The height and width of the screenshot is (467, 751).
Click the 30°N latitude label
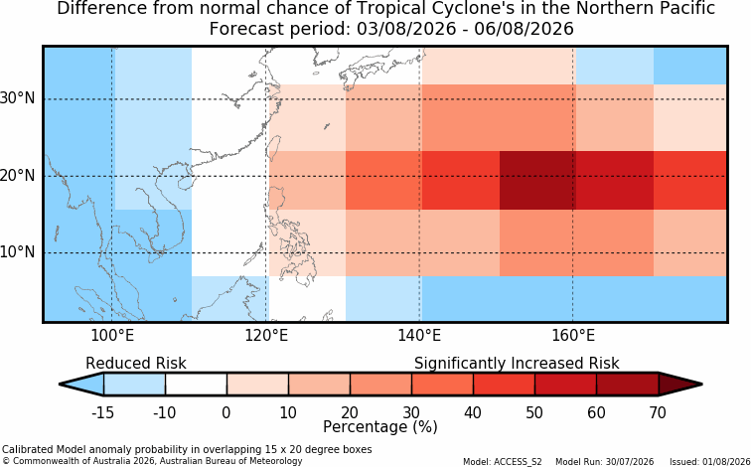[17, 98]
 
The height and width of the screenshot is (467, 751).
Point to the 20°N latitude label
[17, 175]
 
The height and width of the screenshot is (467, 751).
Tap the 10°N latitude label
[17, 252]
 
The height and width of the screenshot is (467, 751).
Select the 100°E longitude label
[112, 336]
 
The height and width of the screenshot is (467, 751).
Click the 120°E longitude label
[266, 336]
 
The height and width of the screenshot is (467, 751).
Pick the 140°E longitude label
[419, 336]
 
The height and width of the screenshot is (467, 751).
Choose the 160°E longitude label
[573, 336]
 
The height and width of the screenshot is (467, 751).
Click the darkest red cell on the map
[537, 180]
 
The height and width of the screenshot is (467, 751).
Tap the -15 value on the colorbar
[103, 412]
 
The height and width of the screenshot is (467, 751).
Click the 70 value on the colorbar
[658, 412]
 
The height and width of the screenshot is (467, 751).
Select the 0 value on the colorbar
[226, 412]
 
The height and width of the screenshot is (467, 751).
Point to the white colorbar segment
[196, 385]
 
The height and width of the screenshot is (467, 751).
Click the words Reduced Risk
[135, 364]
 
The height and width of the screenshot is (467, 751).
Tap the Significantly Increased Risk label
[517, 364]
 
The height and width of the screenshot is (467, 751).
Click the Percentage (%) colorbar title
[380, 427]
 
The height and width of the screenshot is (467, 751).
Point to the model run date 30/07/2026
[630, 462]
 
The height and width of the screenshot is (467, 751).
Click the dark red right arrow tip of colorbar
[701, 385]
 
